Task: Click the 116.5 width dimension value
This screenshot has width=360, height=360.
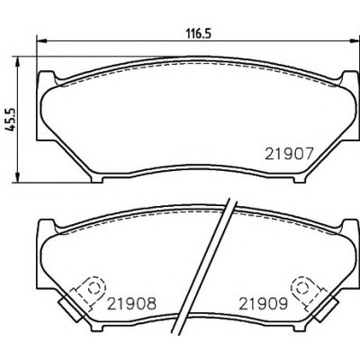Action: [x=199, y=33]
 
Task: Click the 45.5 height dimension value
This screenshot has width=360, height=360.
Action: [x=12, y=119]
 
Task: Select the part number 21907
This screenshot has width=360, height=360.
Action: [x=289, y=154]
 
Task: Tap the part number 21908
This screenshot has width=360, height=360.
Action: [x=132, y=303]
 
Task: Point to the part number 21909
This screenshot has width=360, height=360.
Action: [x=263, y=303]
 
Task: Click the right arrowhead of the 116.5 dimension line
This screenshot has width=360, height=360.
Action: [x=353, y=40]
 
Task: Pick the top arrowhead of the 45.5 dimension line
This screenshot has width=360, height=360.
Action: [x=17, y=62]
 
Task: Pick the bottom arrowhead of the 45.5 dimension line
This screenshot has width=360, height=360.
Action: [x=17, y=176]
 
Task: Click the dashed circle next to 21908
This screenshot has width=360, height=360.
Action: [x=94, y=288]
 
